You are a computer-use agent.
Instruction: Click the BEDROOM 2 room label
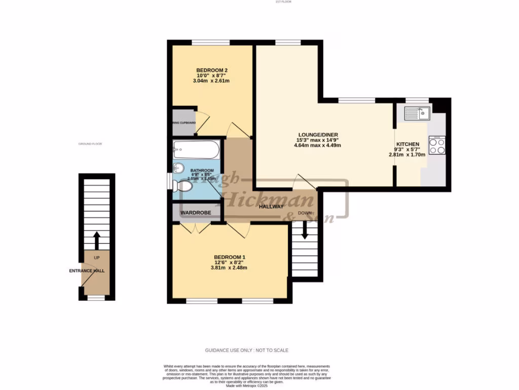(x=212, y=70)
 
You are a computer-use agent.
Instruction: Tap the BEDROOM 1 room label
(x=230, y=256)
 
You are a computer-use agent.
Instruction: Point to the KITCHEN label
(x=408, y=144)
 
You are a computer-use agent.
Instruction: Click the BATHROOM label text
(x=202, y=171)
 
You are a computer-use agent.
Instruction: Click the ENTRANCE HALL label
(x=87, y=271)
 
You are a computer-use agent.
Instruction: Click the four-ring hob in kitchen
(x=437, y=146)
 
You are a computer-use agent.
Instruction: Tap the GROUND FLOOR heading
(x=90, y=144)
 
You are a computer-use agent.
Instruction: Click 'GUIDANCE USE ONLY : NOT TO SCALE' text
(x=247, y=350)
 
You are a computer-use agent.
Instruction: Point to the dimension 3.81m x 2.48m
(x=230, y=268)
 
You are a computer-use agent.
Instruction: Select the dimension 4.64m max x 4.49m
(x=317, y=145)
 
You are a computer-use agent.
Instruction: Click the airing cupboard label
(x=184, y=123)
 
